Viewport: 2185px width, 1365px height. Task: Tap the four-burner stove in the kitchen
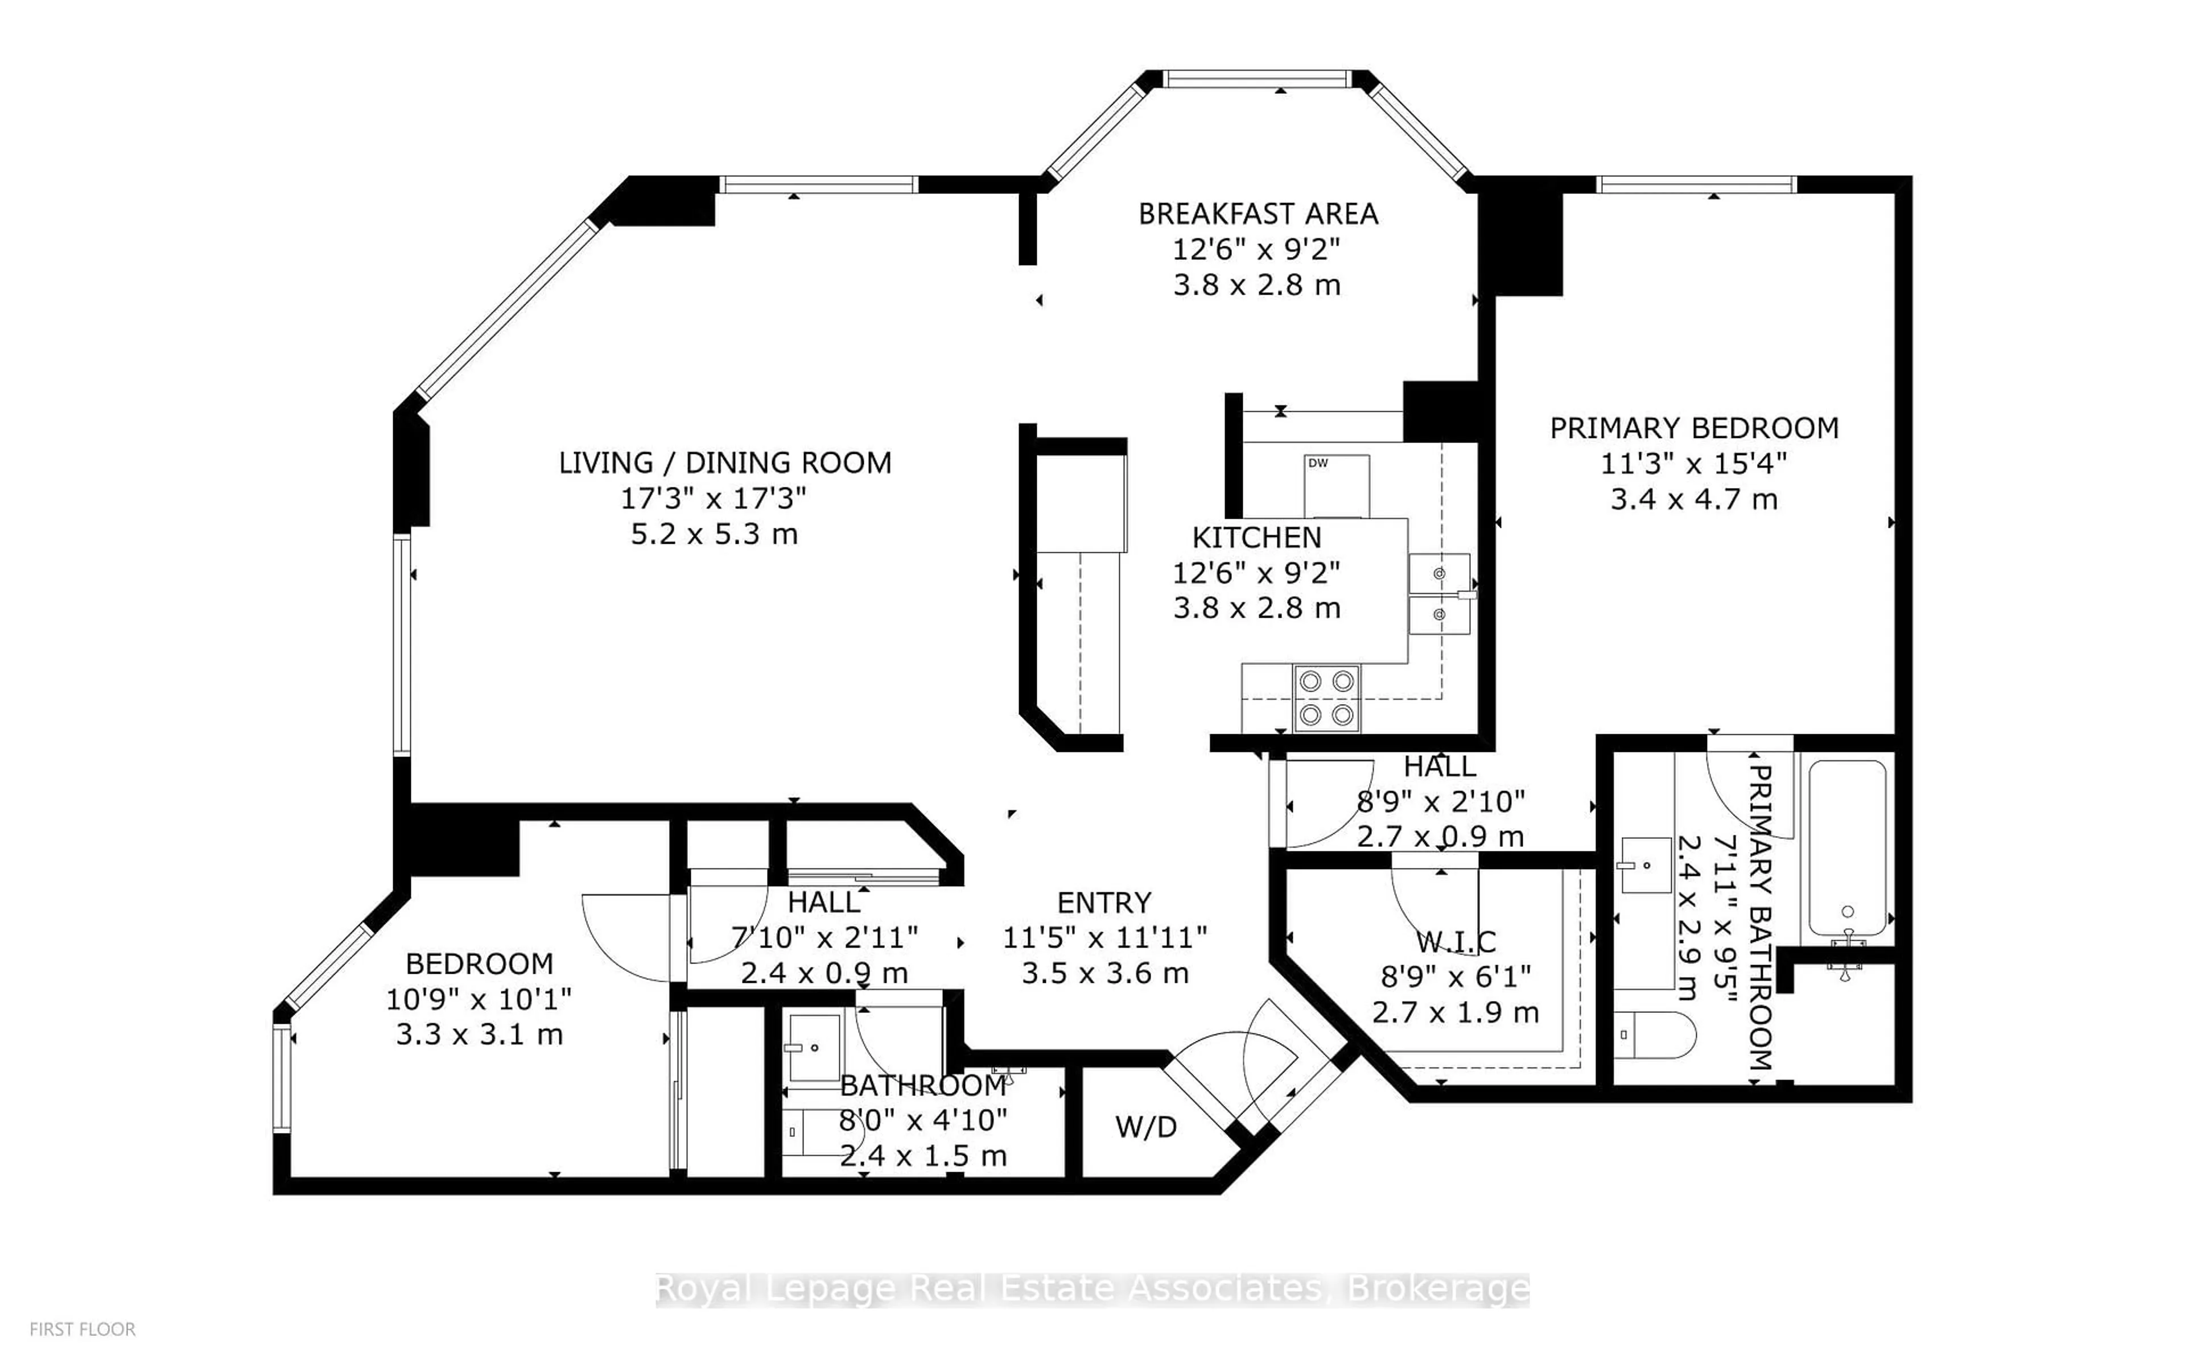[x=1326, y=698]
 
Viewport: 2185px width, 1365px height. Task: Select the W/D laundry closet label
[x=1146, y=1127]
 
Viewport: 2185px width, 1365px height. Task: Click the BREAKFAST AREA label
[x=1258, y=214]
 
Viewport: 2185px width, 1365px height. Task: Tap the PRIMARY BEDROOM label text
[x=1694, y=428]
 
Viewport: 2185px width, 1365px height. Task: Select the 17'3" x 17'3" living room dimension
[x=714, y=498]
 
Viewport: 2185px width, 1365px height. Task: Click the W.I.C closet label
[x=1456, y=942]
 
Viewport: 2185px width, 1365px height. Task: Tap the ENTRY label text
[x=1104, y=903]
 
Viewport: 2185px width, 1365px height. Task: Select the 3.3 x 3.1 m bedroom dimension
[x=480, y=1035]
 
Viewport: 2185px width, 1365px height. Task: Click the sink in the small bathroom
[x=814, y=1047]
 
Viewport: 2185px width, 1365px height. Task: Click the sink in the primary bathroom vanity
[x=1646, y=865]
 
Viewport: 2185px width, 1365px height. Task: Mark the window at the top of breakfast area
[x=1257, y=80]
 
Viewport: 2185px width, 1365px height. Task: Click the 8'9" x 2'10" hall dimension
[x=1440, y=801]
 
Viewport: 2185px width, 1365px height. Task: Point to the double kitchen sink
[x=1439, y=594]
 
